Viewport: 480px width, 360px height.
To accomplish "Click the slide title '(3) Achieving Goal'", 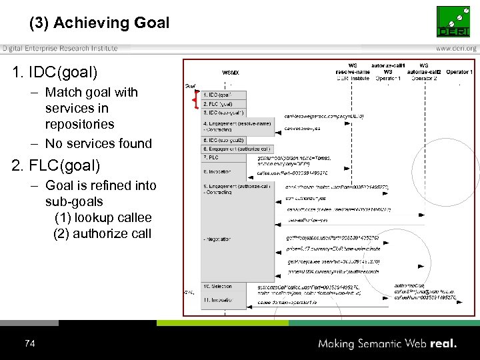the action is (x=99, y=23).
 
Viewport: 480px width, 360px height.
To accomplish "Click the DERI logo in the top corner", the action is (x=456, y=22).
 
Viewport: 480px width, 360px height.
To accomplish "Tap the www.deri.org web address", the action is (x=456, y=48).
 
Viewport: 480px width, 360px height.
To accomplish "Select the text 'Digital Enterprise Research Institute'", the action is (x=60, y=48).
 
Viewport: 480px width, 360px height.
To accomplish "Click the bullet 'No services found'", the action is (x=99, y=143).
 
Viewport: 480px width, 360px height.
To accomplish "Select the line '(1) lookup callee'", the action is (x=103, y=217).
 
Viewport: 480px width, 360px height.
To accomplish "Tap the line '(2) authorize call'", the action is (x=103, y=233).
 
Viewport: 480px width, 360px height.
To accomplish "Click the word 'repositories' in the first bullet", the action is (x=79, y=125).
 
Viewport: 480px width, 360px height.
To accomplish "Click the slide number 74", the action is (x=29, y=343).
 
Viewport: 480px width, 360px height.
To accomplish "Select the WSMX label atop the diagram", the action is (x=230, y=73).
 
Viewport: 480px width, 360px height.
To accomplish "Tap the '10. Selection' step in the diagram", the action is (x=218, y=286).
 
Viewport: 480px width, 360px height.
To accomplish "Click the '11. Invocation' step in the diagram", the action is (x=219, y=301).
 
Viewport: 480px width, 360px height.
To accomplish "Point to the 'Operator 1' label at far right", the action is (x=459, y=72).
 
